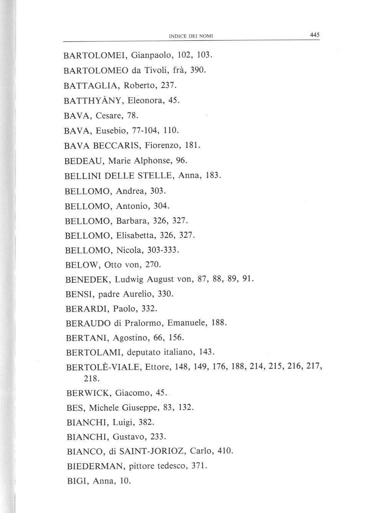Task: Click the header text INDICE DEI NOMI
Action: pos(191,36)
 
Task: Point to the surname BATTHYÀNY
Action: pos(92,101)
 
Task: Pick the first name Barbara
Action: pos(132,221)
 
